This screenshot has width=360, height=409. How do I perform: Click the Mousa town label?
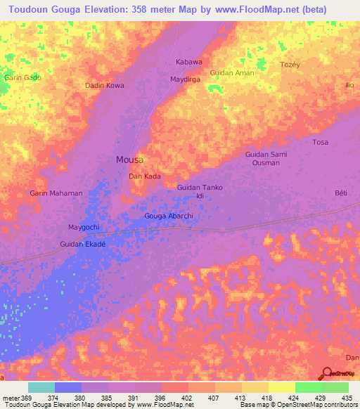[x=129, y=160]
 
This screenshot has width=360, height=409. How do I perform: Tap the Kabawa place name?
[x=189, y=63]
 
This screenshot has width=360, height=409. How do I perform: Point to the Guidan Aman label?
[x=232, y=73]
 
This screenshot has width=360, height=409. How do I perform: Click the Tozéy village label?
[x=290, y=64]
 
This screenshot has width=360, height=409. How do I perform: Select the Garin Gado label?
[x=22, y=77]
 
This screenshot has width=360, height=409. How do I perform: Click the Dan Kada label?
[x=144, y=176]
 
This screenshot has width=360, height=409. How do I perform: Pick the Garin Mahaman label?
[x=56, y=193]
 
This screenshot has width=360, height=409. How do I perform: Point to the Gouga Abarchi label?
[x=168, y=216]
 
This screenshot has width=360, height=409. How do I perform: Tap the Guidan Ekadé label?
[x=82, y=244]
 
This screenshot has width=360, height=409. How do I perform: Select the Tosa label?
[x=320, y=142]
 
